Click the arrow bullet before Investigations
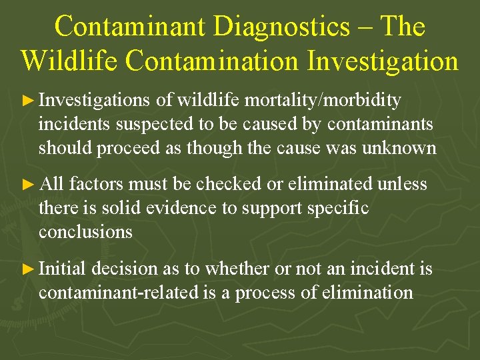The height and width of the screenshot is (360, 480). click(27, 101)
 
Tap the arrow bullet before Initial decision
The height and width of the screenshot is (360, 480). click(27, 269)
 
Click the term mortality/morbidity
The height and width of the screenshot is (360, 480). click(323, 100)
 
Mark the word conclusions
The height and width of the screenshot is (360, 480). click(85, 231)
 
